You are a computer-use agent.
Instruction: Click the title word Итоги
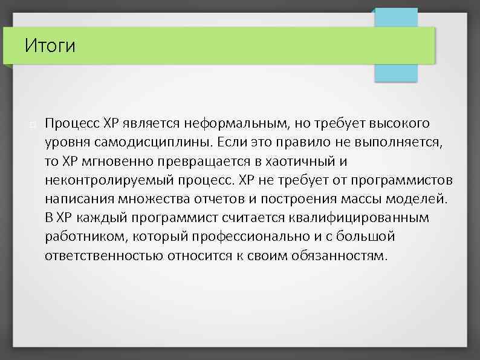pos(50,45)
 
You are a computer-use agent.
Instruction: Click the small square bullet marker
pos(31,125)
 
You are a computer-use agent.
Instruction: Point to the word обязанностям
pos(341,255)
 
